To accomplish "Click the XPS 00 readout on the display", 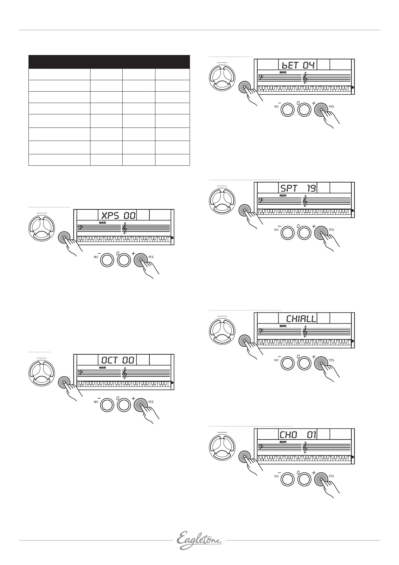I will coord(118,215).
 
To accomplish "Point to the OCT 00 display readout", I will coord(118,360).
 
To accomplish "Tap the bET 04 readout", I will coord(297,65).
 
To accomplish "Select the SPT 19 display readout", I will coord(298,188).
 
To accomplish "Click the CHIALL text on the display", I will coord(301,318).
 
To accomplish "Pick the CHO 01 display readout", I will coord(298,435).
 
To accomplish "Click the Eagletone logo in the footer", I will coord(199,540).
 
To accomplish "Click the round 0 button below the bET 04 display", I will coord(304,110).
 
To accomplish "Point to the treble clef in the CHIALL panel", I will coord(305,331).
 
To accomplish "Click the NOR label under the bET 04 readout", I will coord(283,72).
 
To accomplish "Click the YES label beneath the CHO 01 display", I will coord(331,476).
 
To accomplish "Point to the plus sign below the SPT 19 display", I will coord(314,226).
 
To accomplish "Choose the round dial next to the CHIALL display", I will coord(222,330).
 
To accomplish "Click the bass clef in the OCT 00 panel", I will coord(80,372).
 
